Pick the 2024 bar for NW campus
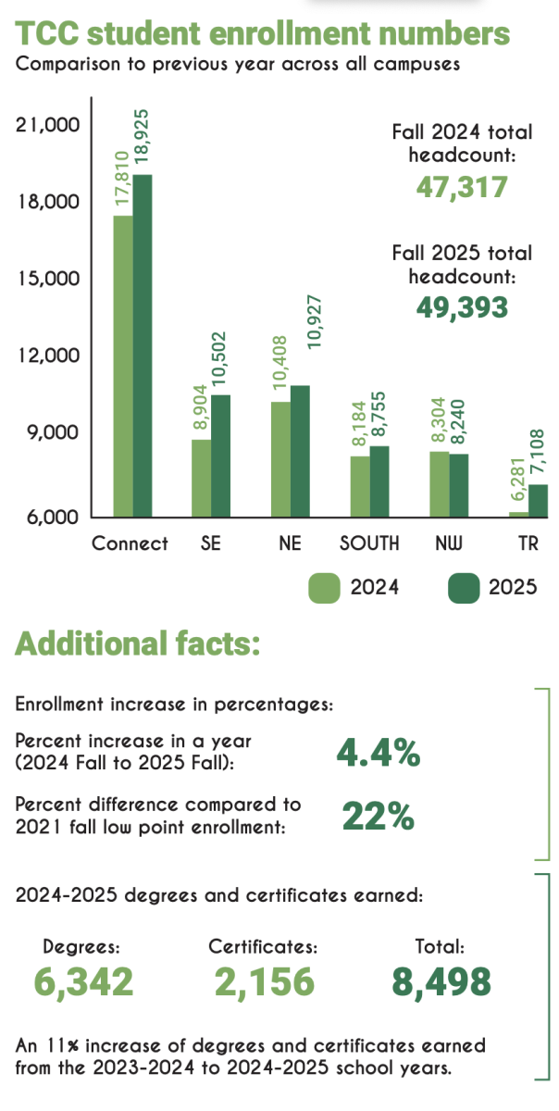click(x=440, y=484)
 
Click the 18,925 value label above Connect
click(x=143, y=138)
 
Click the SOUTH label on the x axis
click(x=370, y=543)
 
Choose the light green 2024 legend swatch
click(x=326, y=588)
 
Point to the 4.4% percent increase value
click(x=378, y=755)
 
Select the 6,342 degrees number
click(x=83, y=982)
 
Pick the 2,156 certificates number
click(x=264, y=982)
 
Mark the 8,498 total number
click(x=440, y=982)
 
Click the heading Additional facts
click(x=137, y=643)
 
